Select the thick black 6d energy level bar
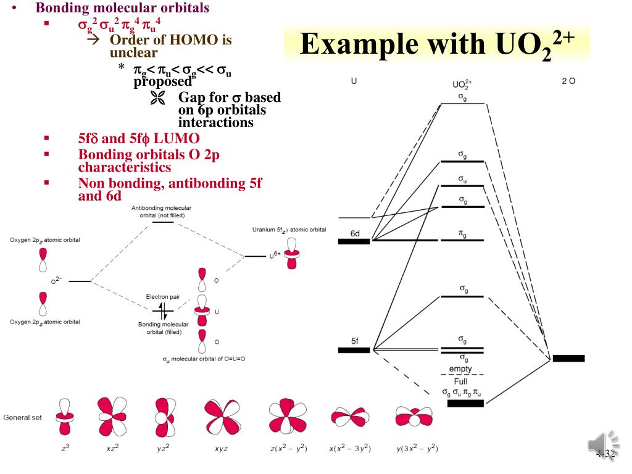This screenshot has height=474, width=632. (x=354, y=241)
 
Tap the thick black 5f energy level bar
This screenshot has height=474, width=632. (x=354, y=350)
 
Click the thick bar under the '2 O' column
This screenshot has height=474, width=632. (x=568, y=358)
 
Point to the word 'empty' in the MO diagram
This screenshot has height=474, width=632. (x=460, y=368)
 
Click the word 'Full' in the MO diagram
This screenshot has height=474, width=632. (x=460, y=381)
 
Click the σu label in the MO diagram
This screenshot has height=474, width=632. (x=462, y=178)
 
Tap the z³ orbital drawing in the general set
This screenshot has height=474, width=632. (x=64, y=417)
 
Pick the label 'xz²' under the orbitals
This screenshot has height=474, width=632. (x=112, y=448)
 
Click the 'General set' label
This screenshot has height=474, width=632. (x=23, y=417)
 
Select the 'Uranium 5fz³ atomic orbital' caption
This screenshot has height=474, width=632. (x=289, y=230)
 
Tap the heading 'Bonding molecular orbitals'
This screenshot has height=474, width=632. (x=122, y=9)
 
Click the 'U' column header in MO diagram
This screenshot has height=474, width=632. (x=354, y=81)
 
